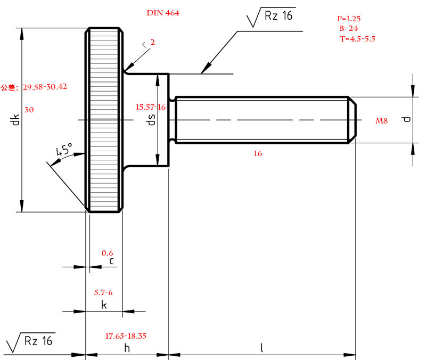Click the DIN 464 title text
point(163,13)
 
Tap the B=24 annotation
point(348,28)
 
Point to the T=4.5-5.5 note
point(357,38)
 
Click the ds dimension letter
point(151,120)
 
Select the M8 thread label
point(382,121)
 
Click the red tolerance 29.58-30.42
point(45,86)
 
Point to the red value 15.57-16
point(151,107)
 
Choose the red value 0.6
point(107,253)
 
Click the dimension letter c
point(111,261)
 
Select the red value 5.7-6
point(103,292)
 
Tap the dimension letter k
point(104,305)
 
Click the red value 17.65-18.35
point(126,336)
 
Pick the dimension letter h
point(127,348)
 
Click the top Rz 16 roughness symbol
point(272,17)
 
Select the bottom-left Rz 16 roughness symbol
point(31,341)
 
